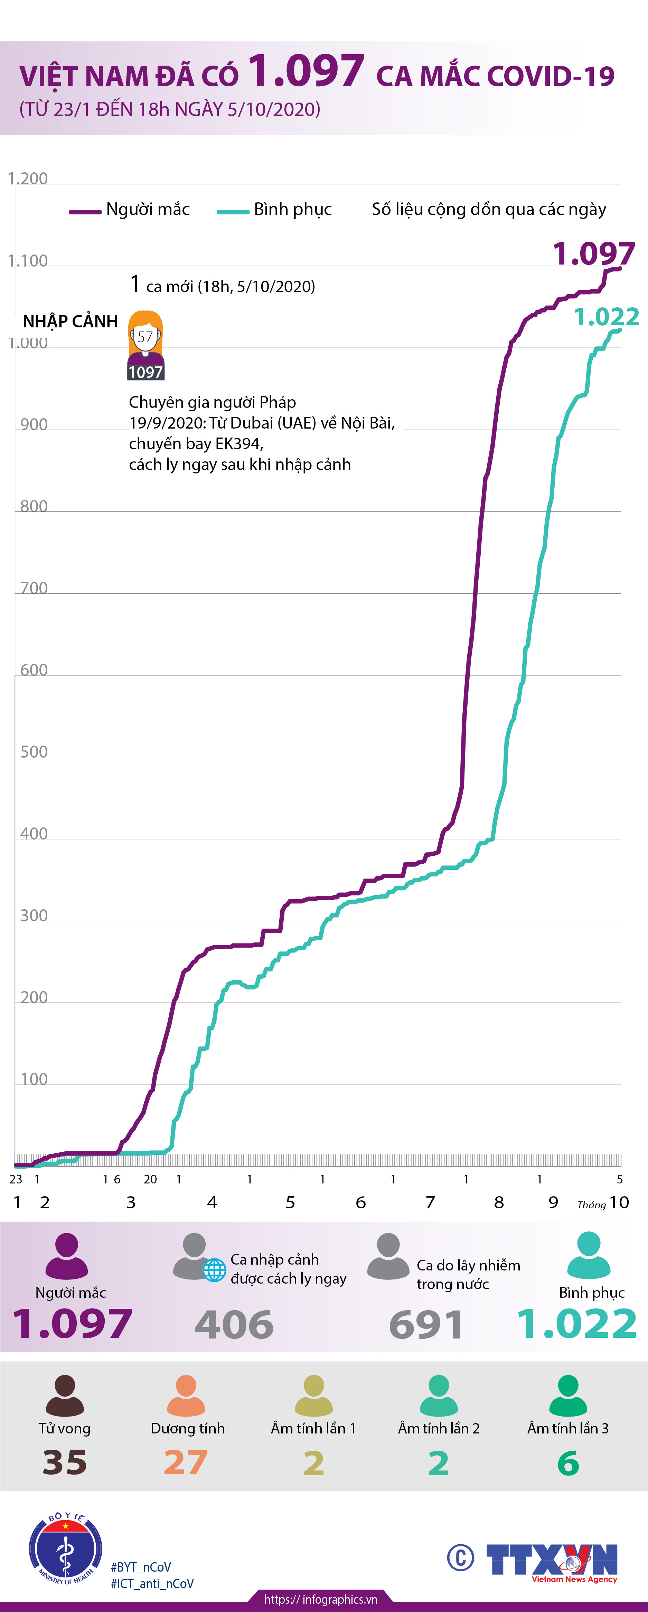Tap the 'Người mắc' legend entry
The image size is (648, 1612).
tap(130, 210)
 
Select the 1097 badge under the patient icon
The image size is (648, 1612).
tap(145, 372)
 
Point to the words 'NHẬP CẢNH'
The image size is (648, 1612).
tap(70, 322)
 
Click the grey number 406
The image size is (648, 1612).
tap(234, 1325)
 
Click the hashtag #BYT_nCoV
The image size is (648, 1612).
tap(141, 1566)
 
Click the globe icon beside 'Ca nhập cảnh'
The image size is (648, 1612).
tap(214, 1270)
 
